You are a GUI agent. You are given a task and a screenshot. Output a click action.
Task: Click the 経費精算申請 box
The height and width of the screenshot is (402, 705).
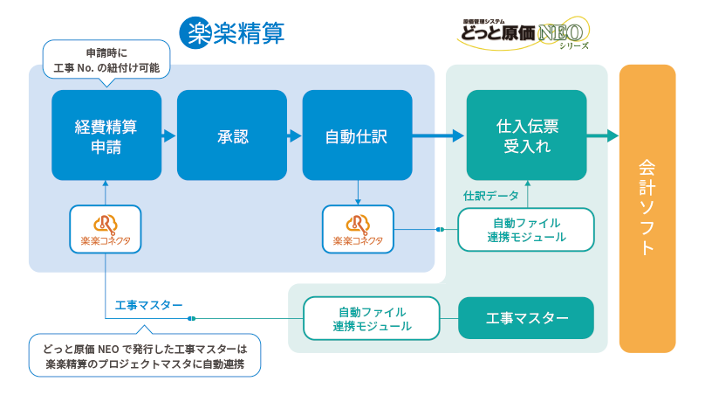106,135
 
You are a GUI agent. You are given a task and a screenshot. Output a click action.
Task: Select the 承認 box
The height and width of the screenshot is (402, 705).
232,135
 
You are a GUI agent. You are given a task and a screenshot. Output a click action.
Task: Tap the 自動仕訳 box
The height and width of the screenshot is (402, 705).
357,135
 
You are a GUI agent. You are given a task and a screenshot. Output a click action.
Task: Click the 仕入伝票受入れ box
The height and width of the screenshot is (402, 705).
525,135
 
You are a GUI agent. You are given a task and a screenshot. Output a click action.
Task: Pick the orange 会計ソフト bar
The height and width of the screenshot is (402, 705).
647,208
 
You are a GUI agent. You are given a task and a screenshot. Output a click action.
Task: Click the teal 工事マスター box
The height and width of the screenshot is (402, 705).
526,318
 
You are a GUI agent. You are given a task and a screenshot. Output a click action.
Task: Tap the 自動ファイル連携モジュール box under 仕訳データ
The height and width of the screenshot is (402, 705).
526,229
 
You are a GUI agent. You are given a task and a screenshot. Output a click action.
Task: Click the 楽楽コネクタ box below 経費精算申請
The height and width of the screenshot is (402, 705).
105,229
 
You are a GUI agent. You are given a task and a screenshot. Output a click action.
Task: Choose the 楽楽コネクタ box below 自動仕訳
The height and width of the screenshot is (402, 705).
358,229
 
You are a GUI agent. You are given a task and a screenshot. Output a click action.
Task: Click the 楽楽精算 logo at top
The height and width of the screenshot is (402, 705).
232,33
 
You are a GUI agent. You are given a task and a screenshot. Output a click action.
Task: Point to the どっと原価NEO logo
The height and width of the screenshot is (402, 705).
523,33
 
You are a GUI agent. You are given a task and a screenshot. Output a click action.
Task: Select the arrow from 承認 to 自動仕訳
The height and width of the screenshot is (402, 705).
295,135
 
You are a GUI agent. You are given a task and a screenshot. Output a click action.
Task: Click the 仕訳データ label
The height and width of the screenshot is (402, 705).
490,196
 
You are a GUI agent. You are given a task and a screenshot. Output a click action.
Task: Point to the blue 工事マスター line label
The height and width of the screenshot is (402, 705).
148,305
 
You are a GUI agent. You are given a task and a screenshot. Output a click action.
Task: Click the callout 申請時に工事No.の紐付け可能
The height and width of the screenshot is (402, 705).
106,58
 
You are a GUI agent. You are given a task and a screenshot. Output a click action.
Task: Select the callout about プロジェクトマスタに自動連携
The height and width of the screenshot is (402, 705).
145,356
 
